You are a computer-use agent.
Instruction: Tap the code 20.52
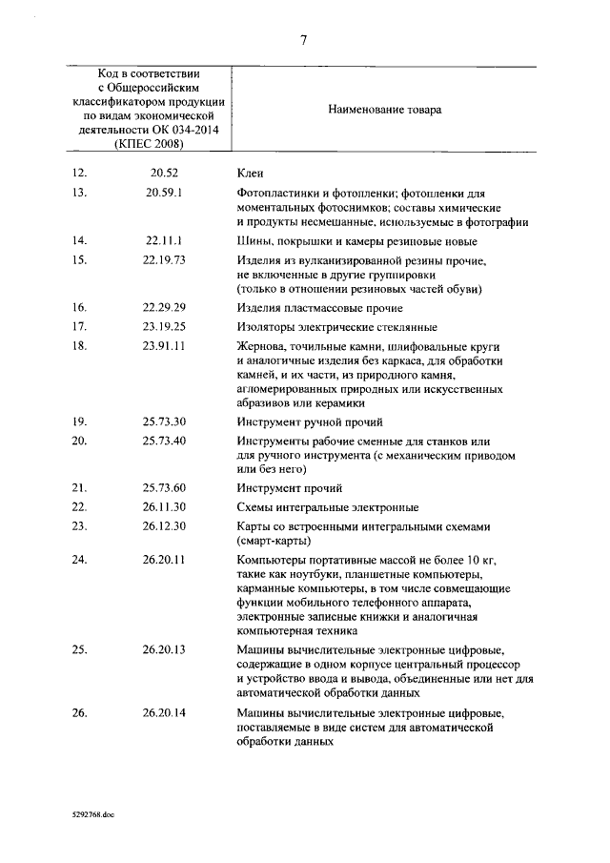tap(164, 173)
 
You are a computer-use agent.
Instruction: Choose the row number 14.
tap(79, 241)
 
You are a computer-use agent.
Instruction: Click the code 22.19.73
tap(164, 259)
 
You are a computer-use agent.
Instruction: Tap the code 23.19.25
tap(164, 327)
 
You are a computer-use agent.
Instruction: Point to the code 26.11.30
tap(164, 506)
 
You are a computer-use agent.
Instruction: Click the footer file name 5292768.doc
tap(91, 817)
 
